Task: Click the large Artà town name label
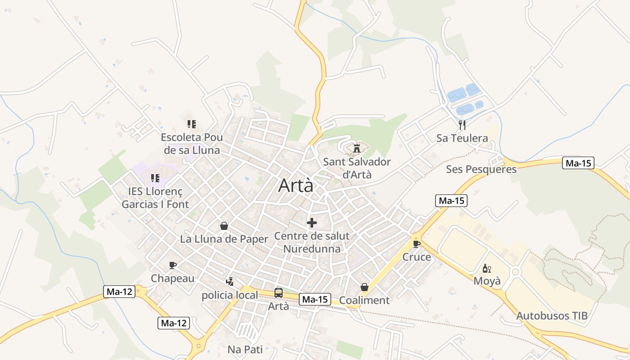pyautogui.click(x=296, y=185)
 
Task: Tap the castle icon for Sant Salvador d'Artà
pyautogui.click(x=357, y=148)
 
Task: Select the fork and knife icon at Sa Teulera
pyautogui.click(x=462, y=125)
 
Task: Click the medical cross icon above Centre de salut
pyautogui.click(x=311, y=222)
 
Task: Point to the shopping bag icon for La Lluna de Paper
pyautogui.click(x=224, y=225)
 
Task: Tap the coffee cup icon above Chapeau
pyautogui.click(x=172, y=265)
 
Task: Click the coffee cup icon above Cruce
pyautogui.click(x=416, y=244)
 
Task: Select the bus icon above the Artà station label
pyautogui.click(x=279, y=293)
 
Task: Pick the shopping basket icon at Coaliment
pyautogui.click(x=364, y=287)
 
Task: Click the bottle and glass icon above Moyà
pyautogui.click(x=486, y=268)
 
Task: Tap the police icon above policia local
pyautogui.click(x=229, y=282)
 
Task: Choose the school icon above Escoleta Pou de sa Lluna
pyautogui.click(x=191, y=124)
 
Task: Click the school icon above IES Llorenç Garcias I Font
pyautogui.click(x=155, y=178)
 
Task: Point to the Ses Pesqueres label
pyautogui.click(x=481, y=169)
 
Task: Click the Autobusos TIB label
pyautogui.click(x=552, y=315)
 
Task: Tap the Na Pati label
pyautogui.click(x=245, y=349)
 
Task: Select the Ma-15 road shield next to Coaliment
pyautogui.click(x=315, y=299)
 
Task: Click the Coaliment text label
pyautogui.click(x=364, y=300)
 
